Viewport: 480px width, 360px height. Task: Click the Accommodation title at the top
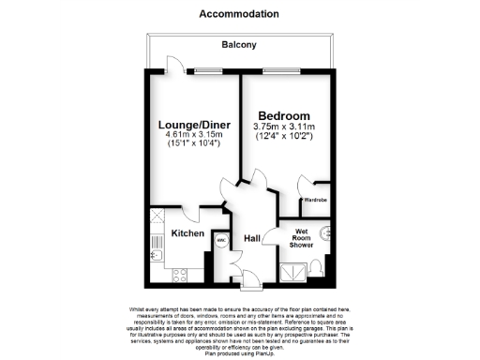[x=239, y=14]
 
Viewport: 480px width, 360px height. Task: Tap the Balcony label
[x=240, y=44]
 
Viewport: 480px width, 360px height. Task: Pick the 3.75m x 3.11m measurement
[x=285, y=127]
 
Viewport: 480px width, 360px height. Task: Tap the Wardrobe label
[x=313, y=201]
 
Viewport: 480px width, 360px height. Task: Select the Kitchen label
[x=187, y=232]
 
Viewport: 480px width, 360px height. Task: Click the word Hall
[x=251, y=239]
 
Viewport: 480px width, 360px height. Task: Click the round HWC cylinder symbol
[x=221, y=239]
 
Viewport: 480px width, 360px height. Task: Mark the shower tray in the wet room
[x=293, y=272]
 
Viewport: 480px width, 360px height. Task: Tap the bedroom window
[x=277, y=71]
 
